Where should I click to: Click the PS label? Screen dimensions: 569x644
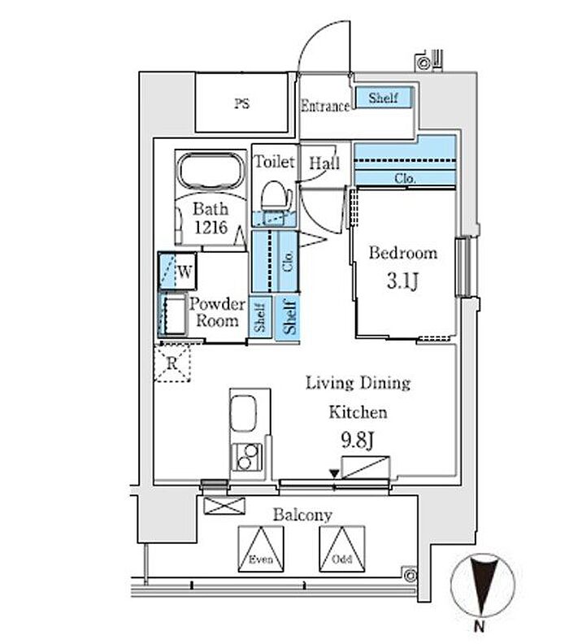click(x=241, y=103)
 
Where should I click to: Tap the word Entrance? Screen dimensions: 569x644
click(x=325, y=106)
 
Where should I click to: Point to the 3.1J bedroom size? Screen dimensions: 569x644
click(x=402, y=281)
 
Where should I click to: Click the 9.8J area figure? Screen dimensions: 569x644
click(x=357, y=441)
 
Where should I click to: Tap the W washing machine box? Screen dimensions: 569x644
click(x=178, y=271)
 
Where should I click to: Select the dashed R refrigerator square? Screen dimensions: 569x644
click(x=172, y=363)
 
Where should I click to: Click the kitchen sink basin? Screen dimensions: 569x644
click(x=244, y=413)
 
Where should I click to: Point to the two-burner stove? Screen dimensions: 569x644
click(x=246, y=457)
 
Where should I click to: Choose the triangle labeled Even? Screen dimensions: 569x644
click(x=261, y=549)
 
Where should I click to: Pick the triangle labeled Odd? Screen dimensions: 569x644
click(x=342, y=549)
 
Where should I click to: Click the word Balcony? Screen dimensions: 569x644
click(x=302, y=515)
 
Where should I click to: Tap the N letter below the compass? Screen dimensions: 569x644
click(x=479, y=627)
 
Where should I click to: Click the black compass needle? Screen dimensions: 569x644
click(x=482, y=586)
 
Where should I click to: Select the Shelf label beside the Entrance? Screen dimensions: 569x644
click(x=383, y=98)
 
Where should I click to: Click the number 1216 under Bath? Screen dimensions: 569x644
click(x=211, y=227)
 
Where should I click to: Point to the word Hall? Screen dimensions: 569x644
click(x=324, y=163)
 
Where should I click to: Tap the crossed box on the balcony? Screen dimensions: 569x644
click(x=224, y=506)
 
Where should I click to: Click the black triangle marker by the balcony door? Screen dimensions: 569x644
click(x=335, y=473)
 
